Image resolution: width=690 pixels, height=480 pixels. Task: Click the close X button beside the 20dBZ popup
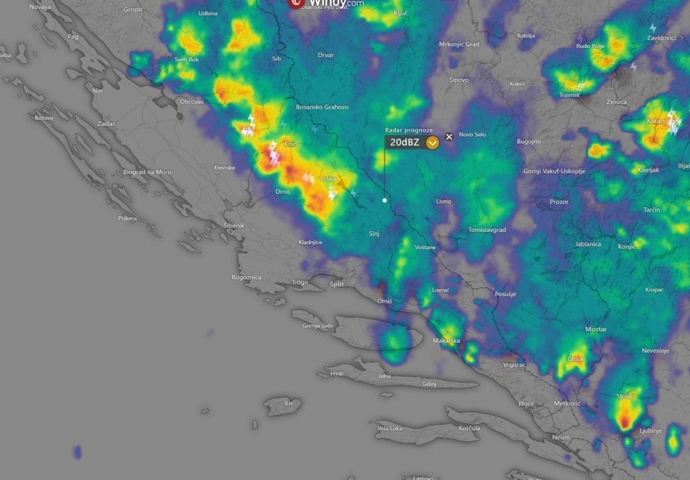[450, 136]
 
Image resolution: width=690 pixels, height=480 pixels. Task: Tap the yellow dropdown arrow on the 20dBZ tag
[432, 143]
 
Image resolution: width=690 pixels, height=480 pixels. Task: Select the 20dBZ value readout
[404, 143]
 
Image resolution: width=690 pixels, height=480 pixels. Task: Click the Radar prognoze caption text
[409, 131]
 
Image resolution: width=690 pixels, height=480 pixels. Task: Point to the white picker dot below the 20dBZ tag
[385, 200]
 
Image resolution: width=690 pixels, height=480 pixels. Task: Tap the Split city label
[336, 284]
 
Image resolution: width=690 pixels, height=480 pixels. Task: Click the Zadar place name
[106, 124]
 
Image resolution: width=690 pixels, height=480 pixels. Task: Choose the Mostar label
[596, 329]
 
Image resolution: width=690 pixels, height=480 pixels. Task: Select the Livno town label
[443, 201]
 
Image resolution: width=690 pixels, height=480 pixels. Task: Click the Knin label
[291, 144]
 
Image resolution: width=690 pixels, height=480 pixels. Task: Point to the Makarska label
[446, 341]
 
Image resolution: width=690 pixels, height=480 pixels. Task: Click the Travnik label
[569, 95]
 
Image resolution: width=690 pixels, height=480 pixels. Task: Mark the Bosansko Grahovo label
[322, 107]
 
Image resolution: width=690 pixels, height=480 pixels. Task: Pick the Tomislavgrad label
[487, 230]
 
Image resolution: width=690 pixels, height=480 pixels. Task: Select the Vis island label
[289, 403]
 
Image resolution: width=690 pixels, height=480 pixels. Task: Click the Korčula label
[469, 428]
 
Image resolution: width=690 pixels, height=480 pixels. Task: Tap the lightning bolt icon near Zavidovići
[653, 28]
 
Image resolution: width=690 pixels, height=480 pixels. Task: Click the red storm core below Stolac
[625, 424]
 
